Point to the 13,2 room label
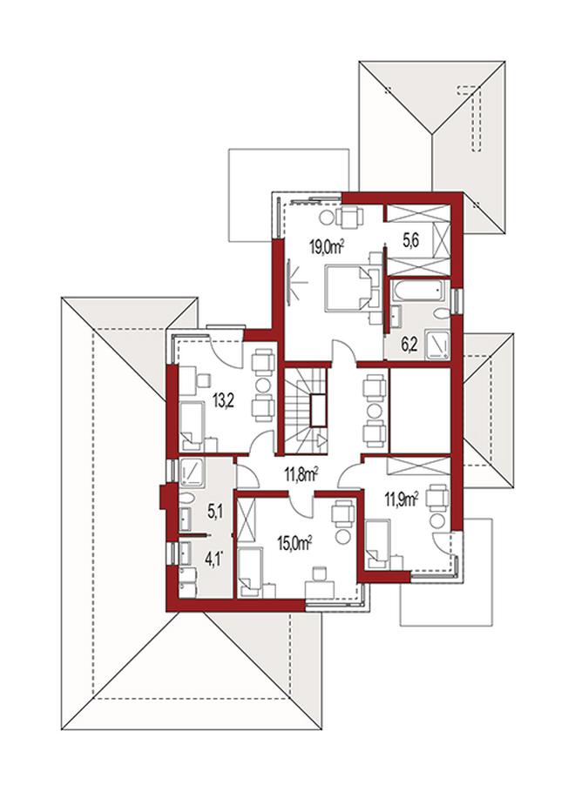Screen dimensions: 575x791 pos(223,402)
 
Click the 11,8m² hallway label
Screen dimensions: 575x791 pos(301,474)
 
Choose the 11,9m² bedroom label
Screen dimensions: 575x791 pos(402,499)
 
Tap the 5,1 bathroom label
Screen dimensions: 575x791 pos(216,513)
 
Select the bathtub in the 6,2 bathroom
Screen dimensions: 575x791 pos(421,291)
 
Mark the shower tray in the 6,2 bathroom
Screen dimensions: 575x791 pos(437,345)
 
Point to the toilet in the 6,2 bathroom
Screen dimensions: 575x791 pos(441,313)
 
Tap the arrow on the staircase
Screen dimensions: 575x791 pos(321,440)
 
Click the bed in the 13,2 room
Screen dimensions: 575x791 pos(192,426)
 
